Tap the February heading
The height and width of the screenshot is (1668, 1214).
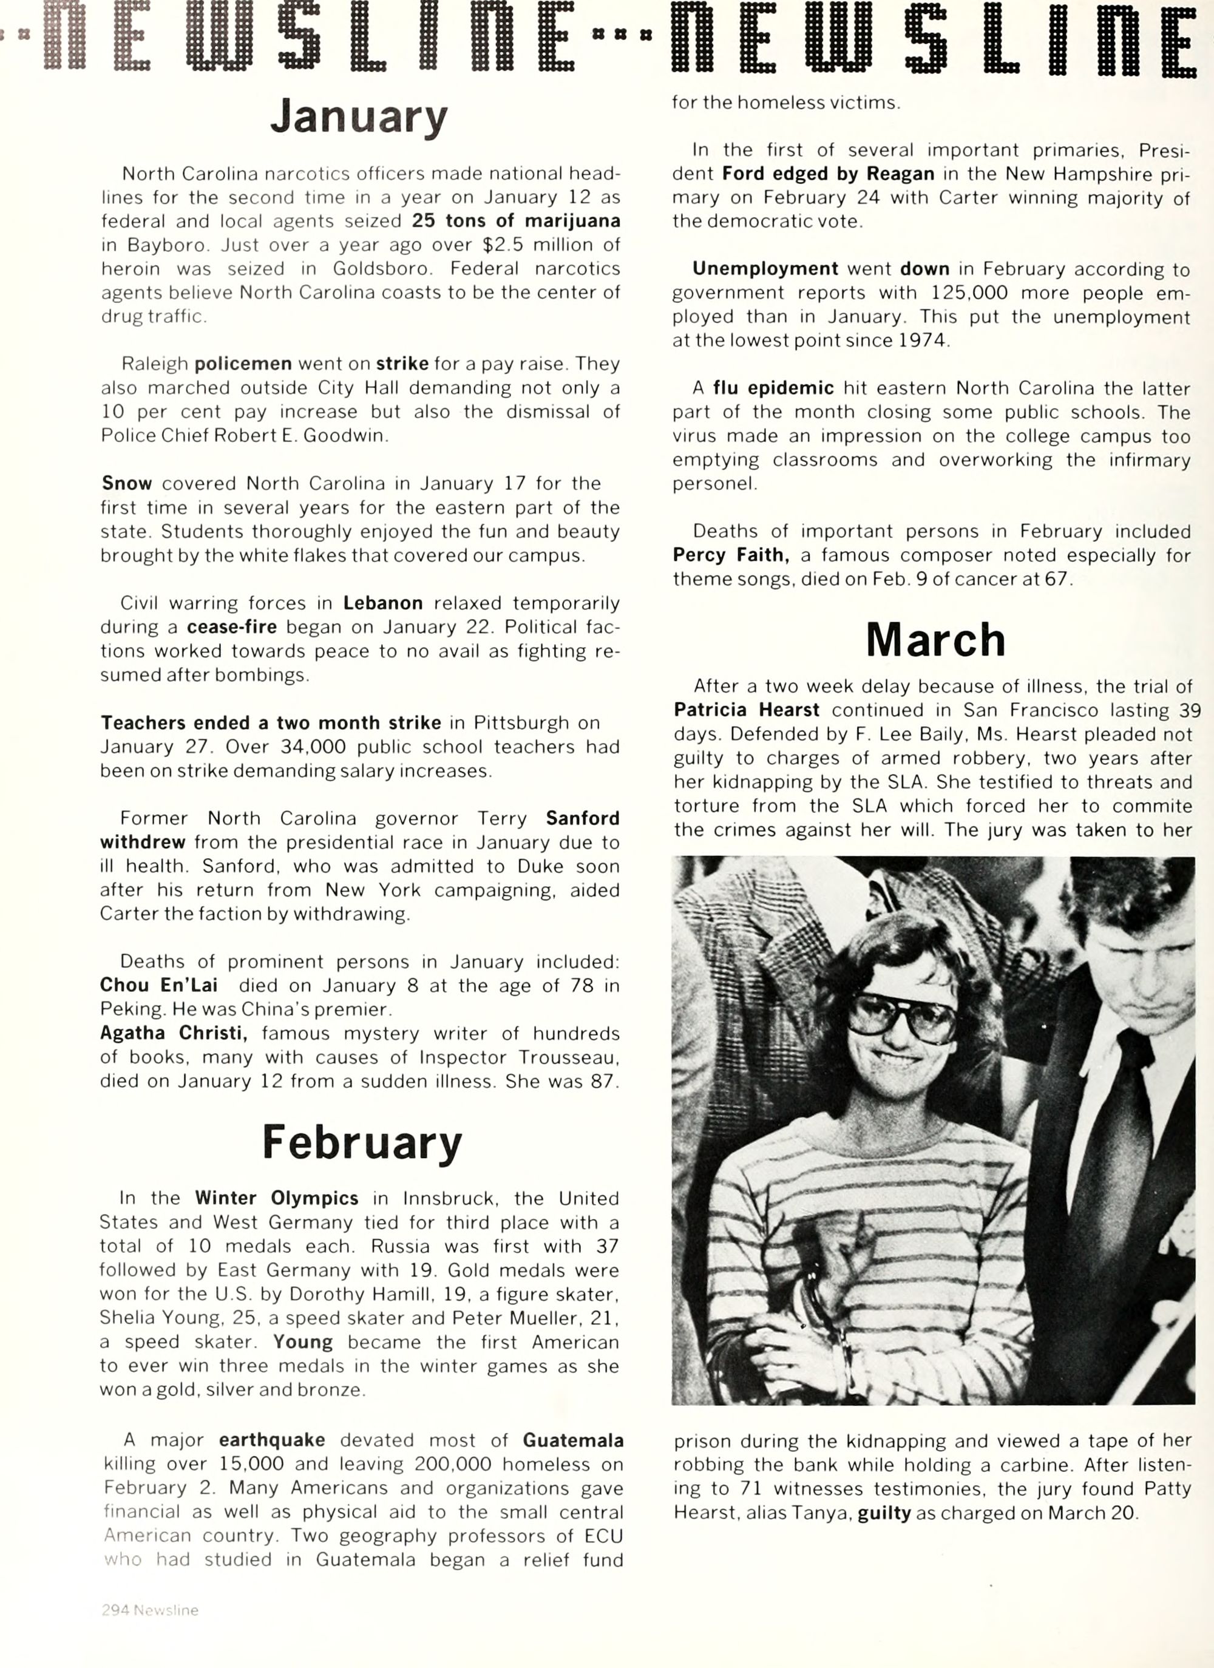(362, 1143)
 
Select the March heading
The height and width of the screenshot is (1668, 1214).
(935, 640)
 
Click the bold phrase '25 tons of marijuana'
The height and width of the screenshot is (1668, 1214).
(515, 220)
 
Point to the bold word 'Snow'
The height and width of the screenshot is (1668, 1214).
(126, 483)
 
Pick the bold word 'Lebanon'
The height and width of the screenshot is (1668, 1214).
(382, 603)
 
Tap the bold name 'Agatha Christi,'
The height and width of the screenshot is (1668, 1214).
(174, 1032)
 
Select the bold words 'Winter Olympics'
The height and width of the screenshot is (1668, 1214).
(276, 1198)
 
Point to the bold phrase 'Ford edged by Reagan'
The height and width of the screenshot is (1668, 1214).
(828, 174)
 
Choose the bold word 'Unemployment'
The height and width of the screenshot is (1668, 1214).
(765, 268)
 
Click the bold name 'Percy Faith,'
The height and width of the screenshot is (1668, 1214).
(731, 555)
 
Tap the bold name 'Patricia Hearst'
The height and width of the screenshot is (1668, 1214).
(747, 710)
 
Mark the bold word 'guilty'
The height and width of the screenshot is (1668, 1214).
(884, 1512)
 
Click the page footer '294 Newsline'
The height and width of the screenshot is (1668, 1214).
(150, 1610)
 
